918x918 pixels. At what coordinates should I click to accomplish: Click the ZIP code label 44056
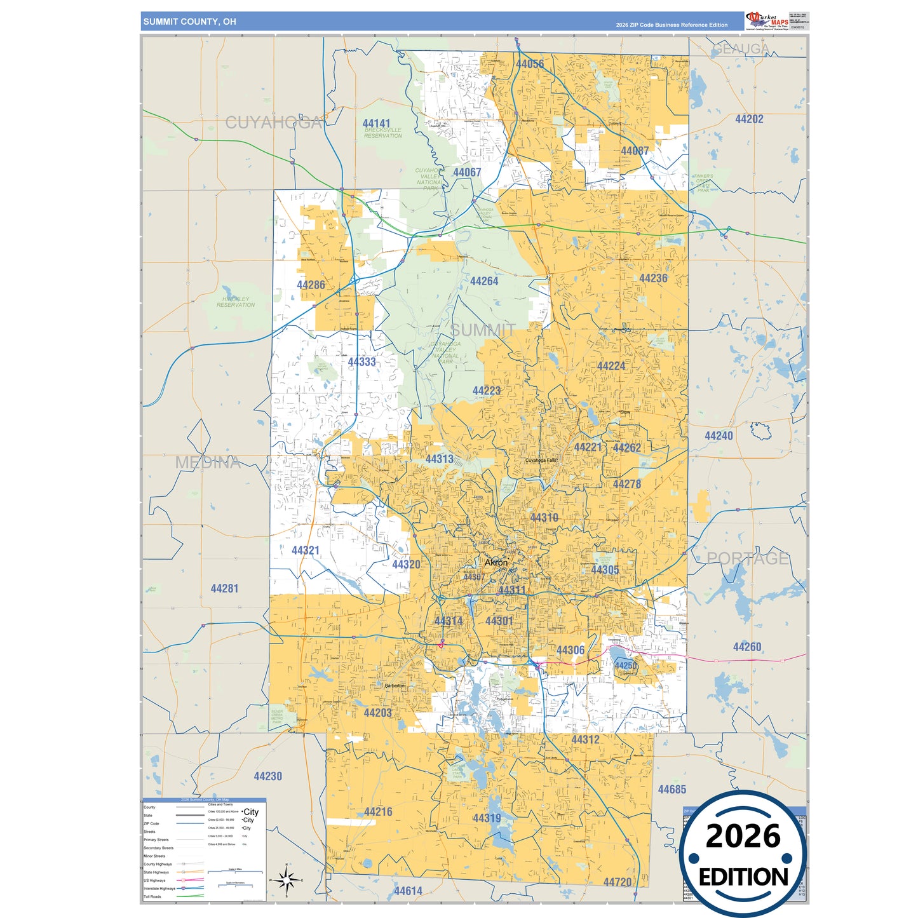tap(529, 64)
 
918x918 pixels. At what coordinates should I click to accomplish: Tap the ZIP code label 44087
tap(635, 151)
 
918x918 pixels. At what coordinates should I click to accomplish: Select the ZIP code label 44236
tap(653, 279)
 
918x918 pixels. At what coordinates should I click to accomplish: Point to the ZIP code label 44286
tap(311, 285)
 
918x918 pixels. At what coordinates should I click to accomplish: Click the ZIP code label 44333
tap(361, 362)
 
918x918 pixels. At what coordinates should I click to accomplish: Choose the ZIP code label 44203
tap(377, 713)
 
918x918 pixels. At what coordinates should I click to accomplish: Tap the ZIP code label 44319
tap(487, 818)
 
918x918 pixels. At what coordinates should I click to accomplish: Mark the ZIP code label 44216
tap(378, 812)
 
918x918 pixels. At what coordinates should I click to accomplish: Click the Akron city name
tap(496, 563)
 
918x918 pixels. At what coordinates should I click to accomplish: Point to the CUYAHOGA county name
tap(274, 123)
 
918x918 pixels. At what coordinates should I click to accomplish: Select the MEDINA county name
tap(208, 463)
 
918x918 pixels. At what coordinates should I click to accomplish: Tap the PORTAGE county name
tap(748, 558)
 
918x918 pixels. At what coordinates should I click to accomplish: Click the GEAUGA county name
tap(740, 49)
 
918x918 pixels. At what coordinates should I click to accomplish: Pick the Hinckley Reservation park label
tap(236, 302)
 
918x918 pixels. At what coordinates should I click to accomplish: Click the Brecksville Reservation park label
tap(383, 133)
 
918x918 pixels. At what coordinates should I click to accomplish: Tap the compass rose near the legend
tap(287, 881)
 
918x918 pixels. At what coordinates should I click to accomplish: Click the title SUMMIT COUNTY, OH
tap(189, 22)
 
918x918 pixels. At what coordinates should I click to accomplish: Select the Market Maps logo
tap(767, 21)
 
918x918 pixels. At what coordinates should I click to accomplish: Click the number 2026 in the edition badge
tap(743, 836)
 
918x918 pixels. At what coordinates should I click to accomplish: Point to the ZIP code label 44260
tap(746, 647)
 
